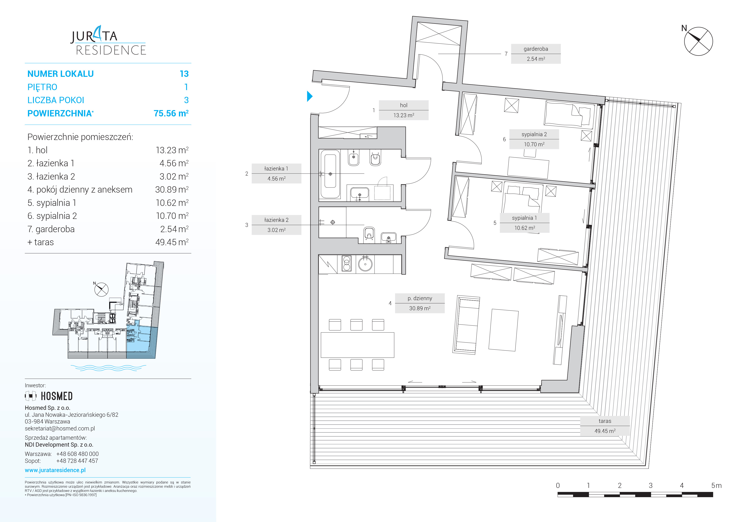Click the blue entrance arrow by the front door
point(310,96)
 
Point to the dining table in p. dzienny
point(358,345)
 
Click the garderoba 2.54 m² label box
point(536,54)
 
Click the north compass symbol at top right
point(698,41)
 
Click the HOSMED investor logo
point(49,396)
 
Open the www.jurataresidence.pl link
point(55,470)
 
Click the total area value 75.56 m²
point(171,113)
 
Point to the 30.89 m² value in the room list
point(172,190)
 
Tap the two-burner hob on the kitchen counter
point(347,264)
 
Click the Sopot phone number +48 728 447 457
point(77,461)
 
